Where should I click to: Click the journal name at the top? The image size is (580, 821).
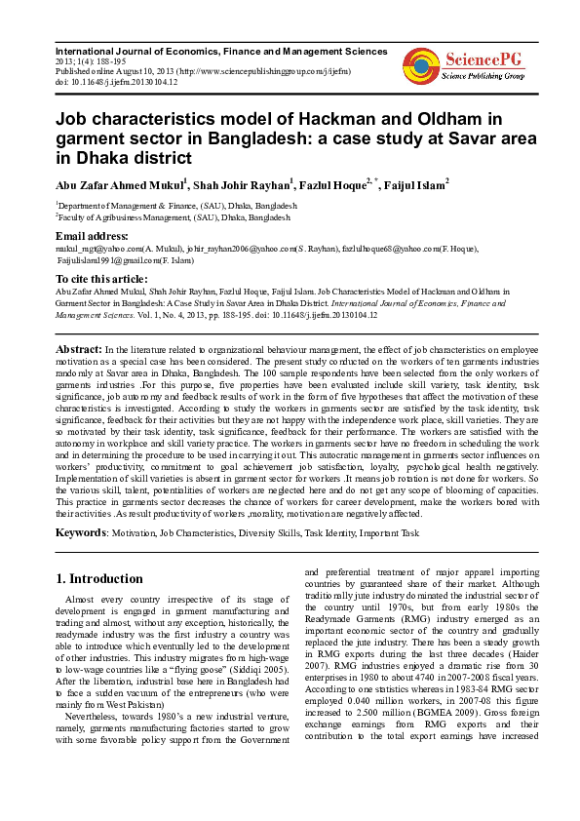click(x=219, y=50)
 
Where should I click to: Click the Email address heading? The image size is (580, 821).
click(x=92, y=237)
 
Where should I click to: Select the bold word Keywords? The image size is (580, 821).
click(x=80, y=533)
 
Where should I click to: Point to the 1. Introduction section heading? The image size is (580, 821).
click(x=99, y=577)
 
